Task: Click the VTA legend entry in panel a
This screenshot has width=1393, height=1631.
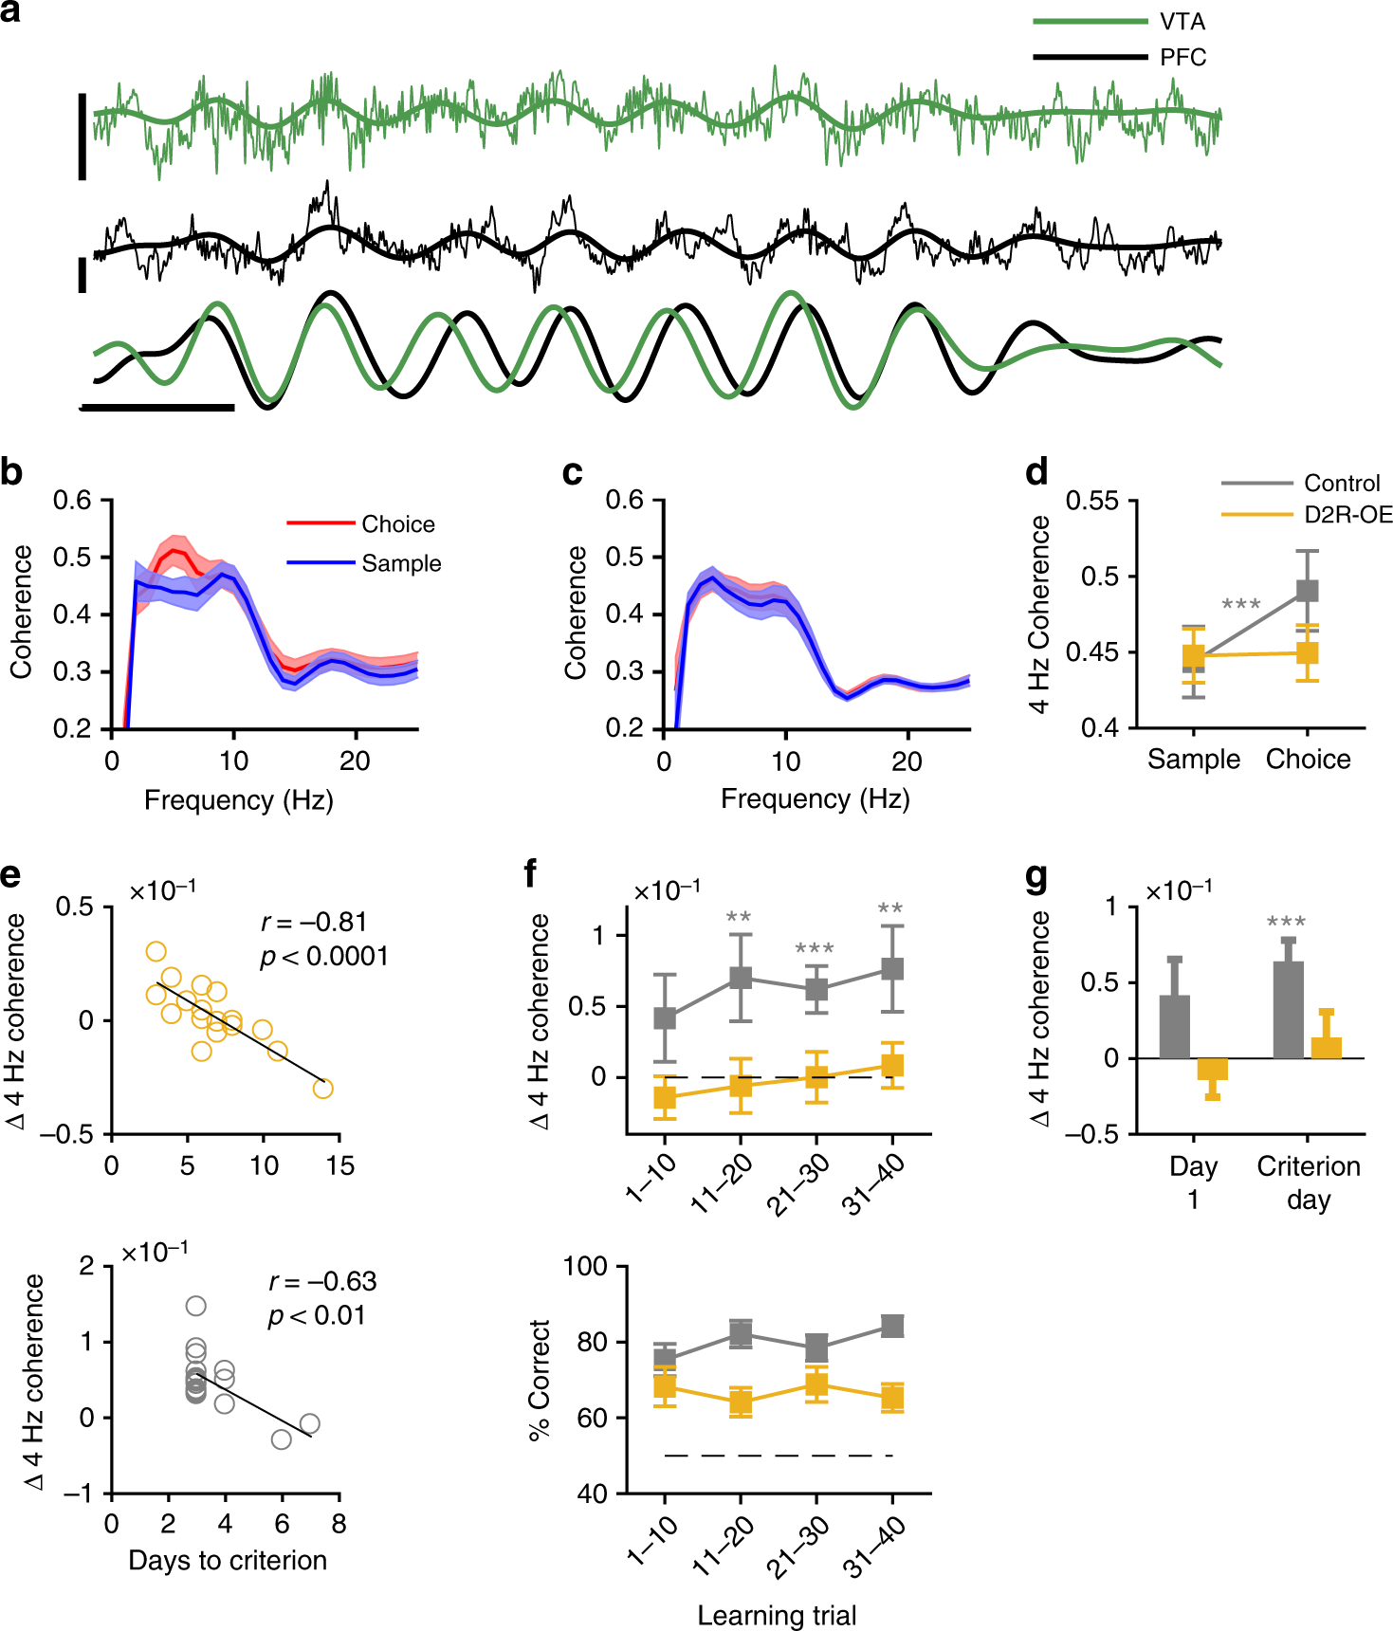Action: [1182, 21]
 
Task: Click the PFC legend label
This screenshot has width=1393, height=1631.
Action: [1182, 58]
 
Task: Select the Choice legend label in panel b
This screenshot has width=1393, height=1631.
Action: [398, 524]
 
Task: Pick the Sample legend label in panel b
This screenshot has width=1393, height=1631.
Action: [401, 563]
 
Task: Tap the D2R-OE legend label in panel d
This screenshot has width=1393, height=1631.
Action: [1348, 515]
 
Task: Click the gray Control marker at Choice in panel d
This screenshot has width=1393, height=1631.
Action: [1307, 591]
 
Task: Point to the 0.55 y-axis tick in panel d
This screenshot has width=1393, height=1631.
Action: [1092, 501]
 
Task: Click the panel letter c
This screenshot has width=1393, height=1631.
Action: [572, 471]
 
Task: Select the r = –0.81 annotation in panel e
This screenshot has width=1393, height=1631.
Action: [314, 922]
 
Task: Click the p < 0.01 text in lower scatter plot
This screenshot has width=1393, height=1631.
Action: [317, 1315]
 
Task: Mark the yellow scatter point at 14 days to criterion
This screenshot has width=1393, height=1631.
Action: [323, 1089]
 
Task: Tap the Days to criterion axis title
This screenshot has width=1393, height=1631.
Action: [228, 1560]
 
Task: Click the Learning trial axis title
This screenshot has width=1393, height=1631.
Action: [777, 1615]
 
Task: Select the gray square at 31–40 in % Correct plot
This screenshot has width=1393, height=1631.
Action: [892, 1326]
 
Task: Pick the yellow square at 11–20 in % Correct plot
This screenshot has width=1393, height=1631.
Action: [741, 1402]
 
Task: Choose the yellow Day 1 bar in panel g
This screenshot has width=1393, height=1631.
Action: [1212, 1069]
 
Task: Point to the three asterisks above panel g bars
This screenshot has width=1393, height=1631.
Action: [1286, 922]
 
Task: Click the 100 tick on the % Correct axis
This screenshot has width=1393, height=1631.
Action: [586, 1267]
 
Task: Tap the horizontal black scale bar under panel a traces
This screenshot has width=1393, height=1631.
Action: [157, 408]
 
